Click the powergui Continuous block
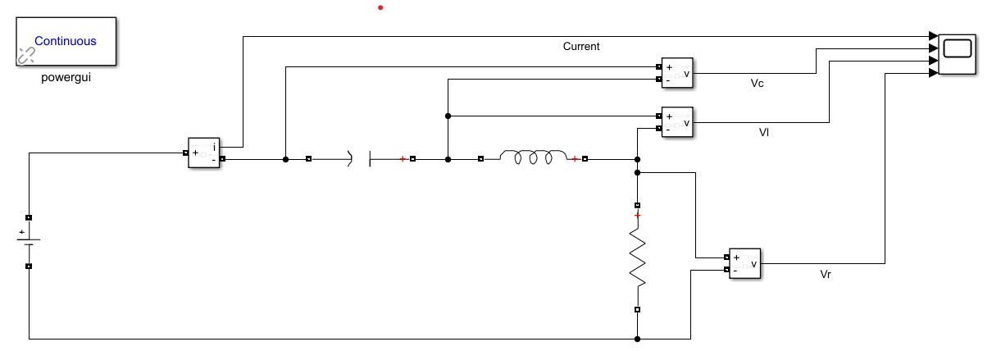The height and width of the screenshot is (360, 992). coord(66,40)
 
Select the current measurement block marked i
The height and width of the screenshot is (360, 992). coord(204,153)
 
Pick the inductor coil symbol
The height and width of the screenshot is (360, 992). coord(534,158)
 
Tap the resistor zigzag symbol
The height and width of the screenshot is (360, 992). coord(637,258)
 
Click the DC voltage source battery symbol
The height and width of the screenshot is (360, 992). coord(29,242)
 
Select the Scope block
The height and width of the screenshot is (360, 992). coord(958,54)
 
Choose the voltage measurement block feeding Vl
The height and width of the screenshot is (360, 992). coord(677,123)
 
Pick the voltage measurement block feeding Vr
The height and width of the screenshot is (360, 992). coord(744,263)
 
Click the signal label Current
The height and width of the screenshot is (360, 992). coord(581,47)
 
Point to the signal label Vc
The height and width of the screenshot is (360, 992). coord(758,84)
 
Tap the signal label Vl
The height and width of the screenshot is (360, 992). coord(764,132)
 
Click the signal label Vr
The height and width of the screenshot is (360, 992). coord(826,274)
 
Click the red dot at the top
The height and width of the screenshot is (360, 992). coord(380,8)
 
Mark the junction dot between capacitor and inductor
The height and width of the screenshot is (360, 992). coord(448,159)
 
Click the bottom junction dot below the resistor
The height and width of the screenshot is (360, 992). coord(637,339)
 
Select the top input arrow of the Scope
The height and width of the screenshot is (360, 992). coord(933,36)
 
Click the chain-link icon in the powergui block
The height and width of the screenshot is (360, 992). coord(26,56)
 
